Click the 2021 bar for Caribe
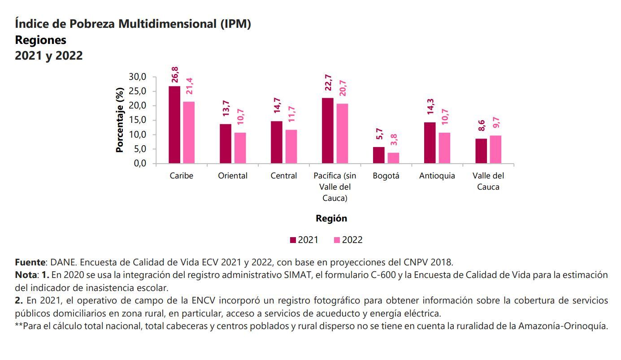[174, 125]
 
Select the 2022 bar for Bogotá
[393, 158]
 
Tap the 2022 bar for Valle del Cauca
[495, 149]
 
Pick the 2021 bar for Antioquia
[430, 143]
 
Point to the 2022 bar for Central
[291, 147]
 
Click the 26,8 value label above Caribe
[175, 75]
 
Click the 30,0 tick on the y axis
[138, 77]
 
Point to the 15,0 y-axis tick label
[138, 120]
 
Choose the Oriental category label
[233, 176]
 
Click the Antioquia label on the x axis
[437, 176]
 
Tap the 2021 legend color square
[293, 240]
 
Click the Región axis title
[331, 218]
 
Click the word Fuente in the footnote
[30, 262]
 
